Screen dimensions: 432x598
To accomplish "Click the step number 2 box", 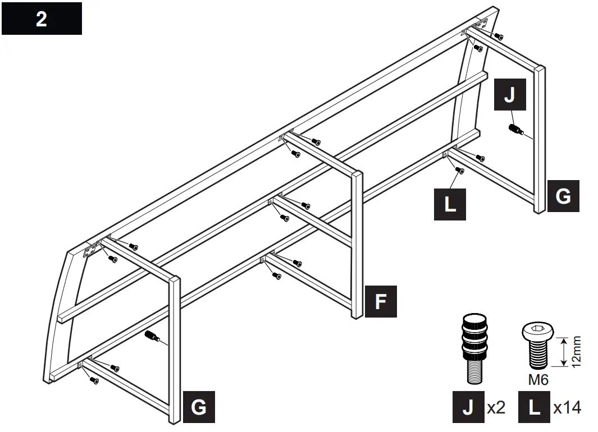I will tap(42, 19).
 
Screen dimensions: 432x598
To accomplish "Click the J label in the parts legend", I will tap(468, 407).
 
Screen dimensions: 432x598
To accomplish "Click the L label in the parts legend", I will tap(534, 407).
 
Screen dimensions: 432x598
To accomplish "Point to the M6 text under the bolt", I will tap(538, 380).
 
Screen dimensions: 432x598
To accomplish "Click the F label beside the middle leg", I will tap(381, 301).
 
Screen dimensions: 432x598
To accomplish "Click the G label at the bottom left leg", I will tap(199, 407).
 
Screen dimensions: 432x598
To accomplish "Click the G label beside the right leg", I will tap(563, 195).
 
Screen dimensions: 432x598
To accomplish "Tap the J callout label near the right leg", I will tap(510, 95).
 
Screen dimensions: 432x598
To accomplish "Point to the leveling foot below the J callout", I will tap(515, 130).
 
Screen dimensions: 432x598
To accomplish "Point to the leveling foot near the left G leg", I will tap(152, 336).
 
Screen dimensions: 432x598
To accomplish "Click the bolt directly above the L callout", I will tap(459, 170).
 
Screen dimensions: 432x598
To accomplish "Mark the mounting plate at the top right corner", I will tap(479, 26).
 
